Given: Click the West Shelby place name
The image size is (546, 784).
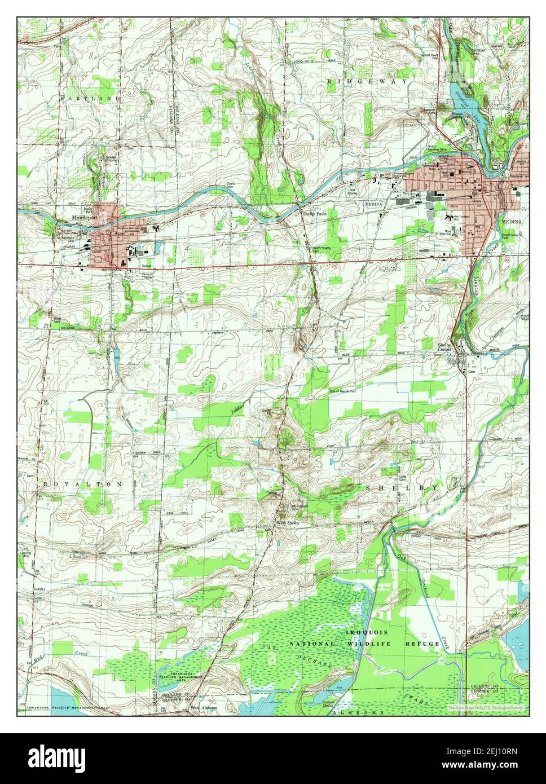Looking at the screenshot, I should (x=288, y=523).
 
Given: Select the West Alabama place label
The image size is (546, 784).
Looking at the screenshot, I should (x=204, y=707).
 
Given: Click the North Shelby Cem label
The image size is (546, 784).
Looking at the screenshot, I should (x=324, y=249).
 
